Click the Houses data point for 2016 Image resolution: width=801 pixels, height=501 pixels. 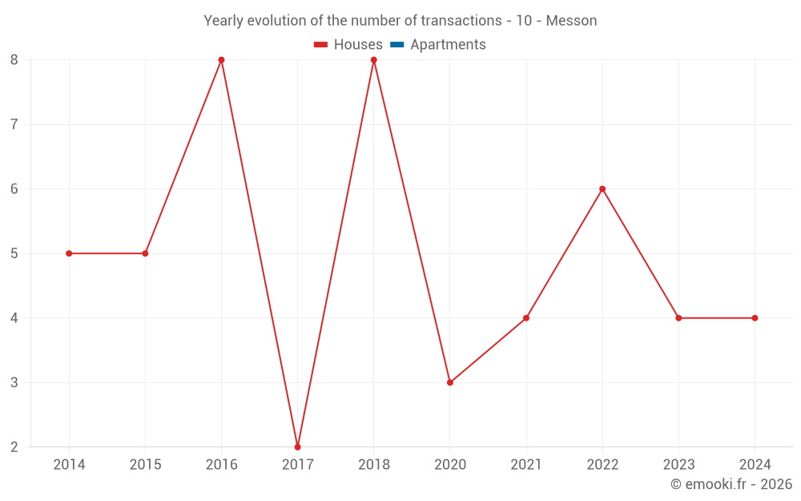[221, 60]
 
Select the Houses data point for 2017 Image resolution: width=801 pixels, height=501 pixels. [297, 446]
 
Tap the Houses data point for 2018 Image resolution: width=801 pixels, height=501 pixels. [373, 60]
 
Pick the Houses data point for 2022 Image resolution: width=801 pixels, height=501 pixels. [602, 189]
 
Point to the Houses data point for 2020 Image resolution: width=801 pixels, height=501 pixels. [450, 382]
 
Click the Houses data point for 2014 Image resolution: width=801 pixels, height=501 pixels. [69, 253]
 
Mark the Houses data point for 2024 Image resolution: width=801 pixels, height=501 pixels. [755, 318]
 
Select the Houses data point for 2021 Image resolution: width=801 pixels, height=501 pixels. [526, 318]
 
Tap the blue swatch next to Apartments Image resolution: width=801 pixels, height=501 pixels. [397, 45]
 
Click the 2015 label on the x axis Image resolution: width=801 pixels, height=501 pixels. [145, 465]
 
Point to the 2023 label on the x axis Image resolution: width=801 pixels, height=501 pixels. [678, 465]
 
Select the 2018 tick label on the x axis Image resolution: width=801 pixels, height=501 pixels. [373, 465]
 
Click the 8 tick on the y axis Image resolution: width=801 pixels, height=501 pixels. [14, 60]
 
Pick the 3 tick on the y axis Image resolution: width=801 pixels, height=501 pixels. [14, 382]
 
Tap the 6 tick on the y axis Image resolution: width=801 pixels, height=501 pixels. [14, 189]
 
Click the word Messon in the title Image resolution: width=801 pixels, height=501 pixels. [571, 21]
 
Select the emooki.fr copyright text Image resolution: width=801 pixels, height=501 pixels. [731, 484]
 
